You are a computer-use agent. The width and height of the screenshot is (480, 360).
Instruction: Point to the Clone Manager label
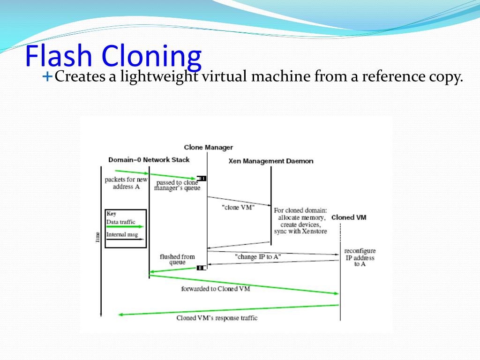click(208, 147)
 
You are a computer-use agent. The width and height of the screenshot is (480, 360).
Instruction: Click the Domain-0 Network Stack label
click(149, 159)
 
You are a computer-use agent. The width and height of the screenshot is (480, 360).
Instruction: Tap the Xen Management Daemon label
click(270, 161)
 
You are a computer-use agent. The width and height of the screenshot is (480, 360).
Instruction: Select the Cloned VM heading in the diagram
click(348, 217)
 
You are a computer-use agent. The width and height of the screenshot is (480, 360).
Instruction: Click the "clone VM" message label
click(238, 207)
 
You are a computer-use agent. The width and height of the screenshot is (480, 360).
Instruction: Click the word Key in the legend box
click(112, 213)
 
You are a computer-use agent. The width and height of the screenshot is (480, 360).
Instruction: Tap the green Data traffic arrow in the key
click(125, 227)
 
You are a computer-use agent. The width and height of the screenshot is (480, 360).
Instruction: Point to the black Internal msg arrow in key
click(125, 240)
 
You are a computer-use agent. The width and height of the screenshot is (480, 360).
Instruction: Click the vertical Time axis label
click(97, 237)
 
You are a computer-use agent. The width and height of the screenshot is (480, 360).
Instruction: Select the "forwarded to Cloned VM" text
click(215, 289)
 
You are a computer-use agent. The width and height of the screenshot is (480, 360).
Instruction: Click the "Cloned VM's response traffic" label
click(217, 318)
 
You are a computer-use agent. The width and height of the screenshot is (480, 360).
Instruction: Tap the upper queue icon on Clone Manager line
click(202, 178)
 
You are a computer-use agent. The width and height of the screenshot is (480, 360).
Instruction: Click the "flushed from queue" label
click(177, 260)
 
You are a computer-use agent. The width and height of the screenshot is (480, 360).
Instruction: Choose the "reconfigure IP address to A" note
click(360, 257)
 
